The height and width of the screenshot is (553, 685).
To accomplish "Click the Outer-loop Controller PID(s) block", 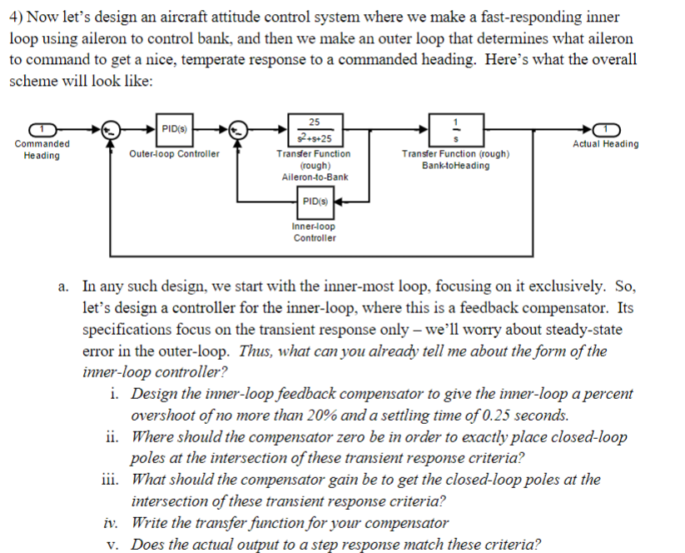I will coord(175,128).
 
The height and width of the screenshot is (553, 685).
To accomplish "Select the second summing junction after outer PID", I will coord(239,129).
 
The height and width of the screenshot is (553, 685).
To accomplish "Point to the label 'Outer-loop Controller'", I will coord(175,154).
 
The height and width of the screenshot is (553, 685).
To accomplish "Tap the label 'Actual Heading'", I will coord(606,144).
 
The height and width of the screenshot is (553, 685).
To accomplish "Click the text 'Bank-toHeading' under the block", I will coord(455,166).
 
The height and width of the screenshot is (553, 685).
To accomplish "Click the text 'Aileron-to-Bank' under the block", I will coord(315,177).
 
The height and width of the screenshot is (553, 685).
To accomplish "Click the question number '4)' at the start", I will coord(16,17).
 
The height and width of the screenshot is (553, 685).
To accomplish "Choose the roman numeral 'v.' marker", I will coord(115,545).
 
